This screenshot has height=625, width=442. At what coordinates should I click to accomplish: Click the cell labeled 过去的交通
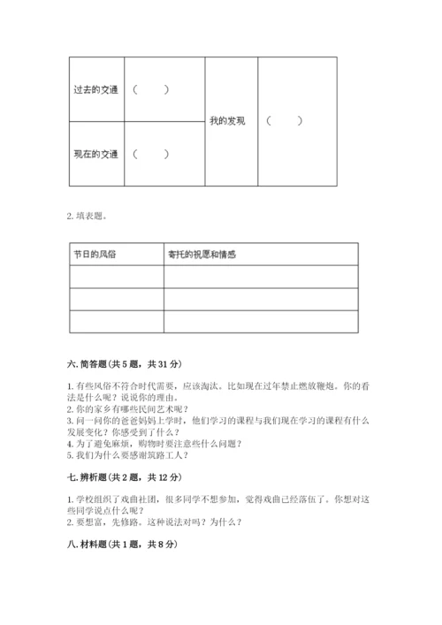95,89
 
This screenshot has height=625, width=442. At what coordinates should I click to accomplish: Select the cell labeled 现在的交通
95,155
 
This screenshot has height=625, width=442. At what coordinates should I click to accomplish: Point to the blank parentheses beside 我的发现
285,121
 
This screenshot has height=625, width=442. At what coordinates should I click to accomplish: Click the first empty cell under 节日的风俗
116,277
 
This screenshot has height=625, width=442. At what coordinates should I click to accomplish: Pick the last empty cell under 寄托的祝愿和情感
261,322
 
